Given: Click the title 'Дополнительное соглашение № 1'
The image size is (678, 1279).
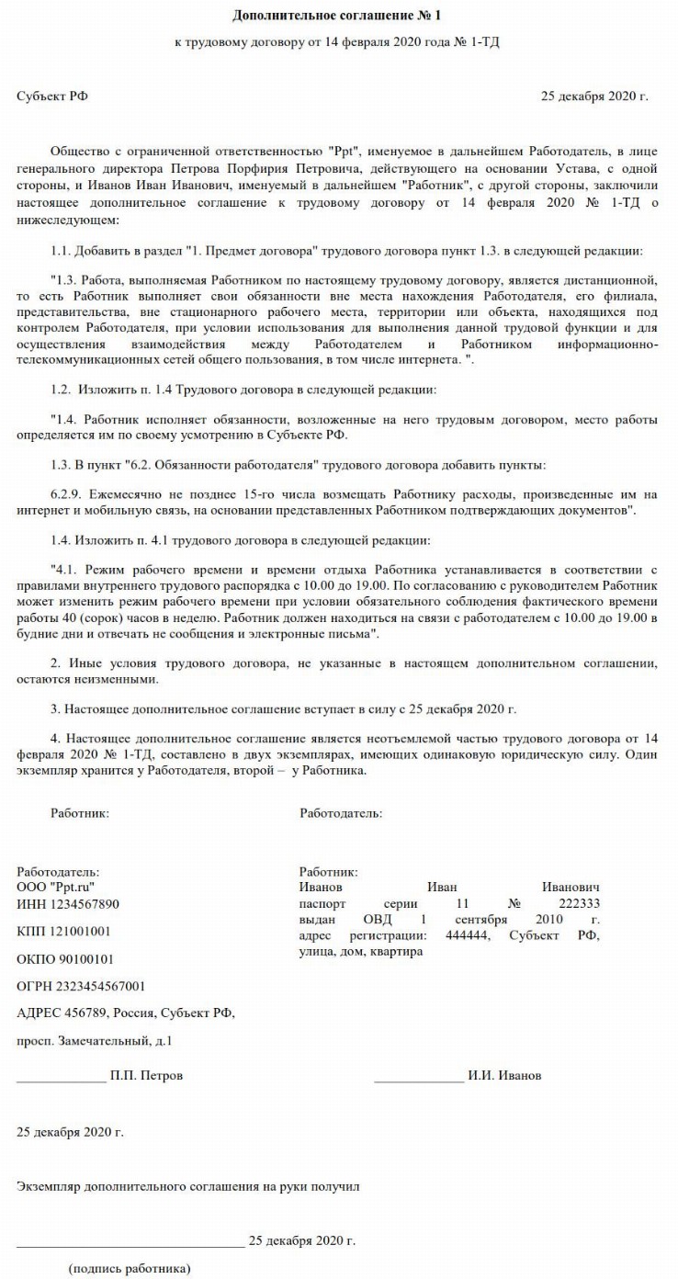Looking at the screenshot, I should (338, 16).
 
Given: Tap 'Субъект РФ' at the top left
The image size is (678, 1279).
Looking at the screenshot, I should (53, 96).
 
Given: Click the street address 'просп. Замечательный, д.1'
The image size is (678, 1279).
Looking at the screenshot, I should (95, 1041).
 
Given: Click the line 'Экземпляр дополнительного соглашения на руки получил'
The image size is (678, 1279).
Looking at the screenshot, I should (188, 1186).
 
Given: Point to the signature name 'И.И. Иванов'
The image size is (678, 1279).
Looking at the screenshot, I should (504, 1075).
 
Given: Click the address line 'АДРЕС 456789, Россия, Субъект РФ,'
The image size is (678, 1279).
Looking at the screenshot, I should (126, 1013).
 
